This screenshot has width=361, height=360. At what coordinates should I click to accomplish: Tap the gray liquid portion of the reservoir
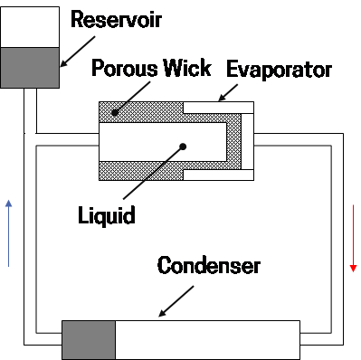click(x=29, y=67)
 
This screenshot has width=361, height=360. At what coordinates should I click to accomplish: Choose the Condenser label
click(x=208, y=266)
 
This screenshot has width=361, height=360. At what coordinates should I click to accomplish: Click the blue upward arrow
click(x=8, y=231)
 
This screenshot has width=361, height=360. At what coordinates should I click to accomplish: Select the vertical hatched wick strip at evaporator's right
click(x=246, y=142)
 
